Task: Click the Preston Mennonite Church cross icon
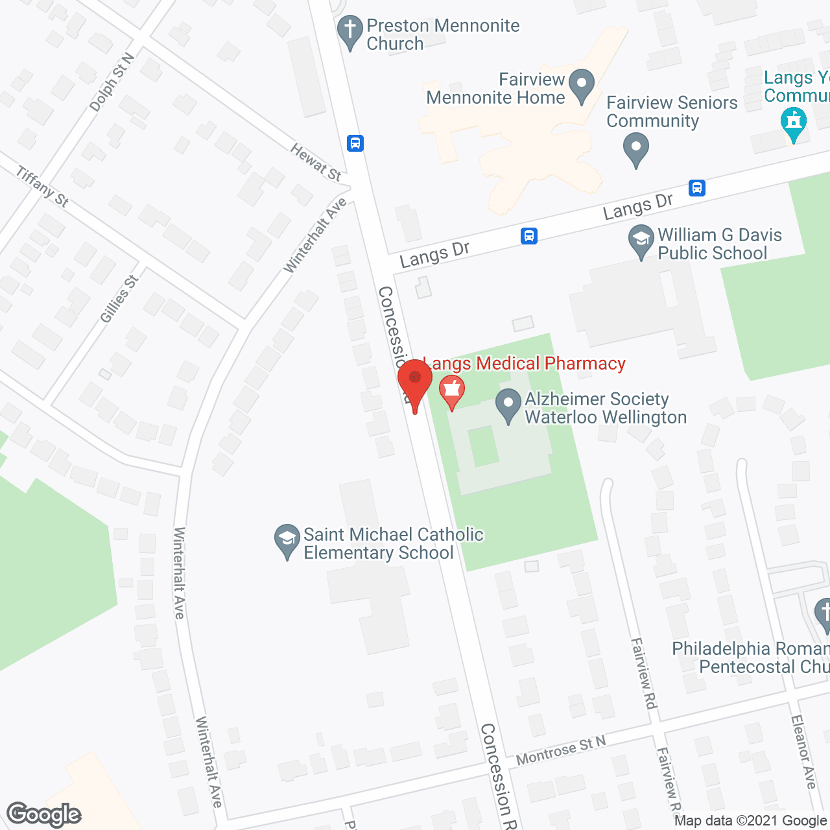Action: (x=350, y=30)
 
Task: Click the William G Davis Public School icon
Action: (x=641, y=241)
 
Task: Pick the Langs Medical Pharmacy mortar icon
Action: (x=451, y=392)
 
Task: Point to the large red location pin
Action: (x=414, y=382)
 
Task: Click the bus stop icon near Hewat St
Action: (x=355, y=143)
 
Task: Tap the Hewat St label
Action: (x=316, y=162)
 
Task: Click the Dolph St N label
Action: (x=112, y=82)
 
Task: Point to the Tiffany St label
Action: (x=43, y=187)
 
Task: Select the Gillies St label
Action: (x=119, y=299)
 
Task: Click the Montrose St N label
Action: (x=561, y=750)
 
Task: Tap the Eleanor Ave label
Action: (x=803, y=752)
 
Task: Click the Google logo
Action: (x=43, y=814)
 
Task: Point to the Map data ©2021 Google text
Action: (x=751, y=821)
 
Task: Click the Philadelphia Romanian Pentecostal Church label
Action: (x=751, y=658)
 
